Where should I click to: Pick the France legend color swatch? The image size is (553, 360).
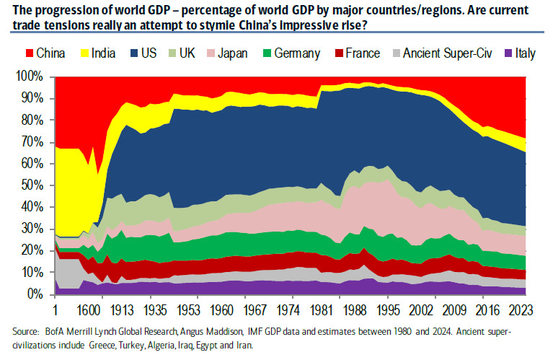click(x=355, y=53)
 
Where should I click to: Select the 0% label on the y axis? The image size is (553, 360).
click(x=37, y=294)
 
